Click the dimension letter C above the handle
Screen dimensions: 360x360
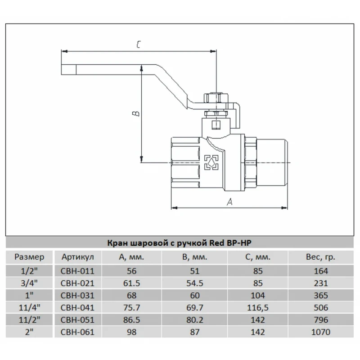pos(139,45)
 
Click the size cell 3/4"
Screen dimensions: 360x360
pos(29,283)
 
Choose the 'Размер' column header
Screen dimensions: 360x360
pos(29,257)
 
